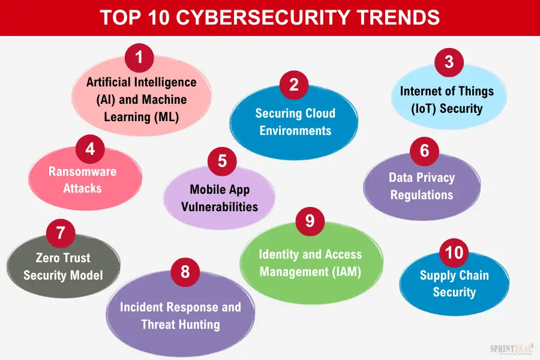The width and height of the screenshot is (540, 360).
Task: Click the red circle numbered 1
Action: tap(139, 59)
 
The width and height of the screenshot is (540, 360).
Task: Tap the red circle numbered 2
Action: tap(293, 85)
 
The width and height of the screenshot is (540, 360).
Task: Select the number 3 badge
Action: tap(449, 62)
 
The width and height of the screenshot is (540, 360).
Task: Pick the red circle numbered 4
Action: tap(90, 149)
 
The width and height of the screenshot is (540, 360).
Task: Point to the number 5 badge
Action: tap(222, 161)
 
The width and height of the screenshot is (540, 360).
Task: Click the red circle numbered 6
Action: tap(425, 151)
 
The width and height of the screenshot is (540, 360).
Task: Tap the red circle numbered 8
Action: tap(185, 272)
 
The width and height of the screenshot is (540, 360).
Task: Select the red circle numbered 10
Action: tap(454, 252)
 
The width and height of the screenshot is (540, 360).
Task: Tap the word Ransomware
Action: tap(83, 172)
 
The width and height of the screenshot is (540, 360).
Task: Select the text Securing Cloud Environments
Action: tap(295, 122)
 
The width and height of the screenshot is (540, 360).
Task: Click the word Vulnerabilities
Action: tap(220, 207)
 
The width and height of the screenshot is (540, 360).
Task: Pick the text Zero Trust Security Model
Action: tap(63, 267)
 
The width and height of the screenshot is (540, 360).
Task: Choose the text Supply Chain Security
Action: tap(454, 284)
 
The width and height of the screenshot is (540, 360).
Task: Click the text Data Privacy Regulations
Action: tap(422, 186)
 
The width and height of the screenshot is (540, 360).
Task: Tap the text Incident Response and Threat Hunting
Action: tap(181, 316)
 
